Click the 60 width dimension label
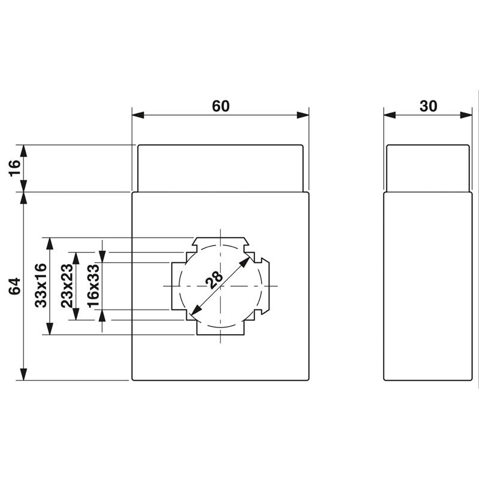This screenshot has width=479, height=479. click(x=220, y=106)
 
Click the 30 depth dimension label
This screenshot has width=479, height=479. click(x=428, y=106)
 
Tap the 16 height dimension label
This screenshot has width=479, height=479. click(x=15, y=168)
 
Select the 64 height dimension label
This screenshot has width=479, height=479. click(x=15, y=286)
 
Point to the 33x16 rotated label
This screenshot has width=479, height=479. click(x=41, y=286)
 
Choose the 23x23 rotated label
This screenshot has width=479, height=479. click(x=67, y=286)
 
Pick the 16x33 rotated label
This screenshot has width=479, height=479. click(x=93, y=286)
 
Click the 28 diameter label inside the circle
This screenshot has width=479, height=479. click(x=213, y=279)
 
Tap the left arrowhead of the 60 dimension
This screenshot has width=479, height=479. click(x=137, y=114)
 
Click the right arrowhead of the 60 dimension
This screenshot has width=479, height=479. click(x=303, y=114)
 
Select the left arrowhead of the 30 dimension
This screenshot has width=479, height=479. click(x=389, y=114)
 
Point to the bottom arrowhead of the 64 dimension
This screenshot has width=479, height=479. click(x=23, y=375)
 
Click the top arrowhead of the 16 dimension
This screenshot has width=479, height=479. click(x=23, y=150)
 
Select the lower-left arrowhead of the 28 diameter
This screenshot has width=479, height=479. click(x=195, y=313)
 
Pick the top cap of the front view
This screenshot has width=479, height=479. click(x=220, y=168)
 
